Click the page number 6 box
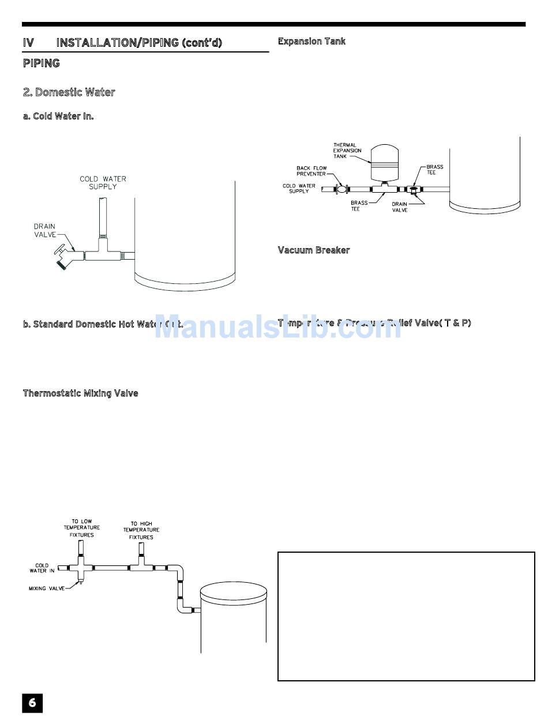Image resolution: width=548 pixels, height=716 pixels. point(32,702)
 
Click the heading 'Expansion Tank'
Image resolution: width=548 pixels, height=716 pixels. point(311,42)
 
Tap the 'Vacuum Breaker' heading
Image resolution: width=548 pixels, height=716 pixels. point(314,250)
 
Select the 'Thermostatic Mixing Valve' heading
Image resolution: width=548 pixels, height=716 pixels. point(80,393)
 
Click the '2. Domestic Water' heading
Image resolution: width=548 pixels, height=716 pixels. point(69,92)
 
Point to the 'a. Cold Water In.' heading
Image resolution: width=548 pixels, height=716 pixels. point(58,116)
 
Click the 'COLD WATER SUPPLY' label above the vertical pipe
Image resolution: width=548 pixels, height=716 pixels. point(103,183)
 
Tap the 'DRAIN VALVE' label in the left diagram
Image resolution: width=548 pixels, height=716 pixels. point(44,230)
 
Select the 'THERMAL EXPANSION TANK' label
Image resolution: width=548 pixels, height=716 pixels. point(347,151)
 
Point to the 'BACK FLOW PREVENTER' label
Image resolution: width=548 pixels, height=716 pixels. point(311,171)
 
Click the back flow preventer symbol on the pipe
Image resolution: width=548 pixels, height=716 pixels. point(341,189)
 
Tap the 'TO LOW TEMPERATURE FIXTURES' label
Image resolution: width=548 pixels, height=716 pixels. point(81,528)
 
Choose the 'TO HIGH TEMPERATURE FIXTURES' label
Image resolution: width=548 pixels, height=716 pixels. point(141,530)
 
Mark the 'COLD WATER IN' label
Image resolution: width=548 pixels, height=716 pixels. point(42,568)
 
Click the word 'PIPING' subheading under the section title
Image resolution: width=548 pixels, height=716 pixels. point(41,63)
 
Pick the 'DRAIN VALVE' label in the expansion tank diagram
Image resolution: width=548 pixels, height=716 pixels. point(400,207)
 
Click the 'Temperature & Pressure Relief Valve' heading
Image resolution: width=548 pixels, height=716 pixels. point(374,323)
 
